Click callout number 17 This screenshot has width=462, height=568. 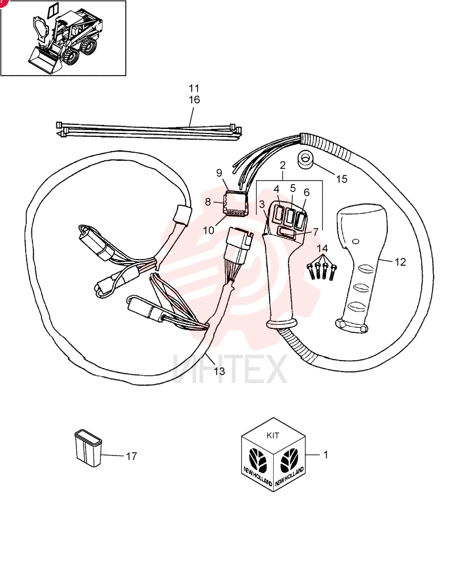click(x=131, y=456)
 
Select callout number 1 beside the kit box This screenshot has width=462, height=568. click(x=325, y=454)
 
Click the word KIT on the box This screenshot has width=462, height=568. click(x=273, y=436)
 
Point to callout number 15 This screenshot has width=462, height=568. click(x=341, y=179)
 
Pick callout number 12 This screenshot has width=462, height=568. click(x=400, y=262)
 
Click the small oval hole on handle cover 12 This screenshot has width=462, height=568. click(x=356, y=241)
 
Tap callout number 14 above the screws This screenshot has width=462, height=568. click(x=322, y=249)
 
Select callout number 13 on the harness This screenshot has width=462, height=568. click(x=219, y=371)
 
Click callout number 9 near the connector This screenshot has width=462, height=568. click(x=219, y=173)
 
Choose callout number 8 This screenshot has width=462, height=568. click(x=208, y=202)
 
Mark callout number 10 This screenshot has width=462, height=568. click(x=209, y=231)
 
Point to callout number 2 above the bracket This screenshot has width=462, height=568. click(x=283, y=165)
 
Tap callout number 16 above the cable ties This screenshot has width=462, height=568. click(x=194, y=99)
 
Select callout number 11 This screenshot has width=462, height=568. click(x=194, y=88)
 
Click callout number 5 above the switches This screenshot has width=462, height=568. click(x=292, y=189)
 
